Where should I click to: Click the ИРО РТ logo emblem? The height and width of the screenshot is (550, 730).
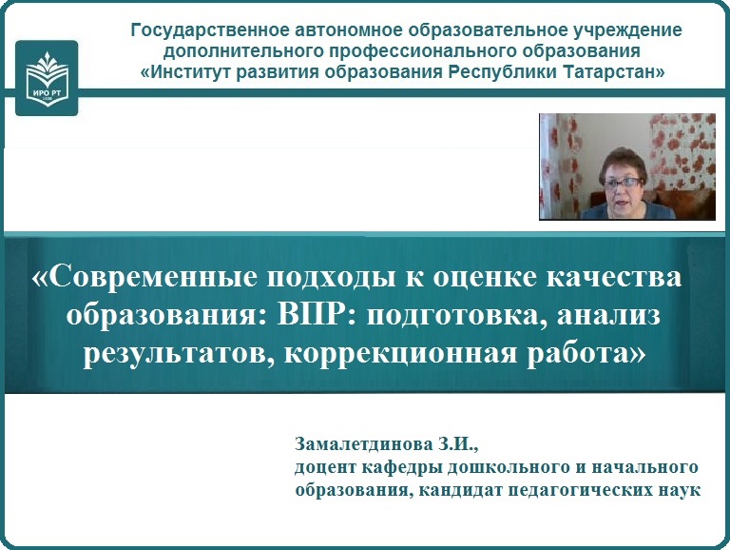click(x=47, y=78)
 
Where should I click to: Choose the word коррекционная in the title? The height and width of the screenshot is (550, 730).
click(x=400, y=355)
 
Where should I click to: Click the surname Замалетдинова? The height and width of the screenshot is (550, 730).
click(x=364, y=444)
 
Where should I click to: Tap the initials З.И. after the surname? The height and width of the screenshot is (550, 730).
click(x=457, y=444)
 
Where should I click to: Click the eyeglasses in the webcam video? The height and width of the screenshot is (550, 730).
click(x=623, y=183)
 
